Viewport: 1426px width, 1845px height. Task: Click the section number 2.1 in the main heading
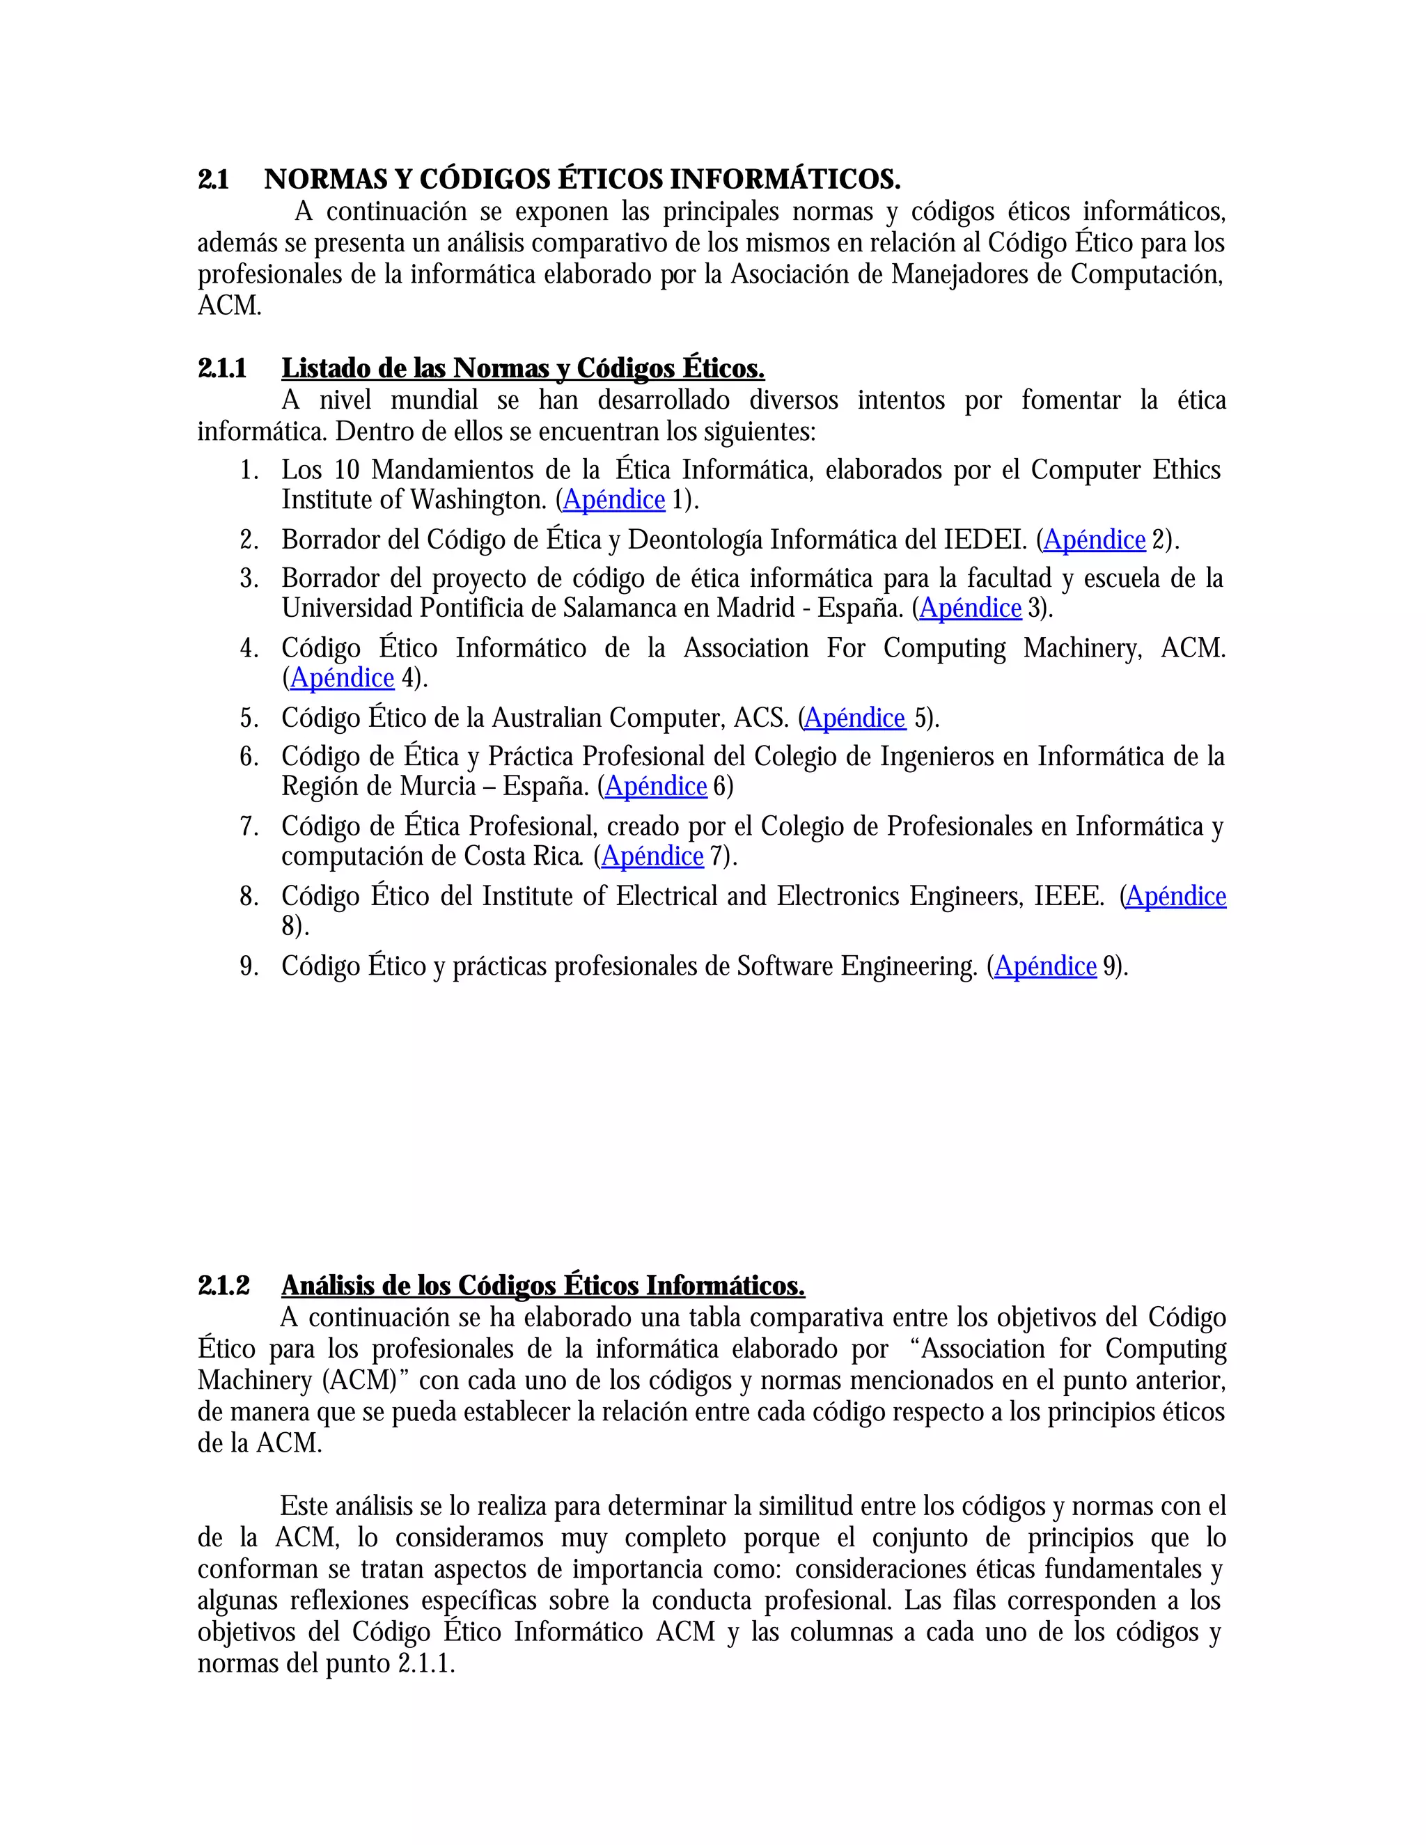pos(213,180)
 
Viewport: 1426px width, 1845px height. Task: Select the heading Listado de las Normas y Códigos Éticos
pos(522,368)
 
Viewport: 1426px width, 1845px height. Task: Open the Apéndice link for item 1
pos(614,500)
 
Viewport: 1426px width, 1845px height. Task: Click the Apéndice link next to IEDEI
pos(1094,540)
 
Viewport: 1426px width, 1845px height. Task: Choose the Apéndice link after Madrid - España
pos(971,609)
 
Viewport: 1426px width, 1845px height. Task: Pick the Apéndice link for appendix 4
pos(342,678)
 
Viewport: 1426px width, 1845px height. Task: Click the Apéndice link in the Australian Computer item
pos(855,718)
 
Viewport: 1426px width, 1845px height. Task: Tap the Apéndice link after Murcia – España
pos(657,787)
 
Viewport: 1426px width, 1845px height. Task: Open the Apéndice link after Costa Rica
pos(652,856)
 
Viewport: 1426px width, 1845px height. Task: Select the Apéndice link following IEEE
pos(1176,896)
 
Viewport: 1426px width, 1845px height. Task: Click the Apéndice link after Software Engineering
pos(1046,966)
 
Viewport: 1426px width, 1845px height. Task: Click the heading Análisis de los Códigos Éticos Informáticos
pos(542,1286)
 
